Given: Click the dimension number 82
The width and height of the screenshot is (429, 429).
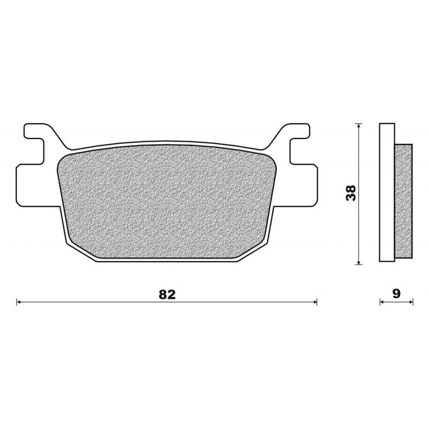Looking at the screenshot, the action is tap(167, 294).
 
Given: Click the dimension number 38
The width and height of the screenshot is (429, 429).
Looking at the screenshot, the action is tap(351, 193).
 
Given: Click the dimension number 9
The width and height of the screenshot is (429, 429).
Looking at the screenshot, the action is tap(396, 293).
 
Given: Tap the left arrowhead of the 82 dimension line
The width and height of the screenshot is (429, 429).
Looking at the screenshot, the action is tap(19, 302).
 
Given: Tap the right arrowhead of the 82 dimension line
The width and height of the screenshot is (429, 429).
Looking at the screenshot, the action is tap(315, 302).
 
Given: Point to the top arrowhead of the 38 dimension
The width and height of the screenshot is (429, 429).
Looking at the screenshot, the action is tap(358, 126).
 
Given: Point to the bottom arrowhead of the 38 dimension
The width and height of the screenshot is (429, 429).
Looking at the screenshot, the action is tap(358, 262).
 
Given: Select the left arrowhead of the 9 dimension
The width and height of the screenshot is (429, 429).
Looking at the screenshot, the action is tap(382, 302).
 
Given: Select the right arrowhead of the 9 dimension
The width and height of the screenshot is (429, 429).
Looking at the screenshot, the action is tap(411, 302).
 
